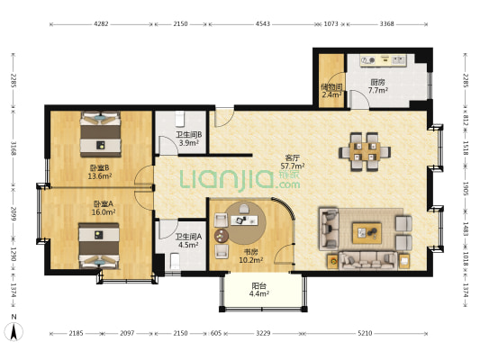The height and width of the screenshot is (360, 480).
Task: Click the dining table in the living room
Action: pyautogui.click(x=365, y=152)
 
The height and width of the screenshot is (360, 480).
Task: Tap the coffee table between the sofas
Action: pyautogui.click(x=367, y=233)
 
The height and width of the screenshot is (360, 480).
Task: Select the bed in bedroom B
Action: pyautogui.click(x=100, y=134)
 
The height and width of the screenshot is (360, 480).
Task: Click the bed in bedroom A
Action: pyautogui.click(x=99, y=247)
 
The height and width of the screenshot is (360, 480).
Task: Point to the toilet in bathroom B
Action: pyautogui.click(x=180, y=119)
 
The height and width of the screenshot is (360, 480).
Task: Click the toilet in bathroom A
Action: pyautogui.click(x=175, y=262)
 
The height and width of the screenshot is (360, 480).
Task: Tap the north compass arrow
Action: pyautogui.click(x=14, y=332)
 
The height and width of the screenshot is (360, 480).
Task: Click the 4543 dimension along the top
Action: pyautogui.click(x=263, y=24)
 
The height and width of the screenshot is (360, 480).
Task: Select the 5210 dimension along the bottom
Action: pyautogui.click(x=365, y=333)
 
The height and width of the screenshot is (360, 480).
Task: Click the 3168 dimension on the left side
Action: pyautogui.click(x=14, y=148)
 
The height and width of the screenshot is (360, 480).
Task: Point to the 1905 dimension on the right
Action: pyautogui.click(x=465, y=189)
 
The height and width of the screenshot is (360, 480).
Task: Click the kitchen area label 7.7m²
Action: pyautogui.click(x=378, y=90)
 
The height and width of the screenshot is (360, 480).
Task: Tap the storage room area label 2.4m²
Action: pyautogui.click(x=331, y=94)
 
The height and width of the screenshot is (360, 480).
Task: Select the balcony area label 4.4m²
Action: pyautogui.click(x=259, y=294)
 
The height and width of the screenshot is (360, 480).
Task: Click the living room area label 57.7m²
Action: pyautogui.click(x=293, y=166)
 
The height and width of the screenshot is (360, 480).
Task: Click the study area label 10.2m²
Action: pyautogui.click(x=251, y=260)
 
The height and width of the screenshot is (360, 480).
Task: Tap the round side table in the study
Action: pyautogui.click(x=221, y=236)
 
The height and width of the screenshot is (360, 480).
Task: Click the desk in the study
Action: pyautogui.click(x=244, y=220)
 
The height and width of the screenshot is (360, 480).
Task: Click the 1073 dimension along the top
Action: pyautogui.click(x=331, y=24)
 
